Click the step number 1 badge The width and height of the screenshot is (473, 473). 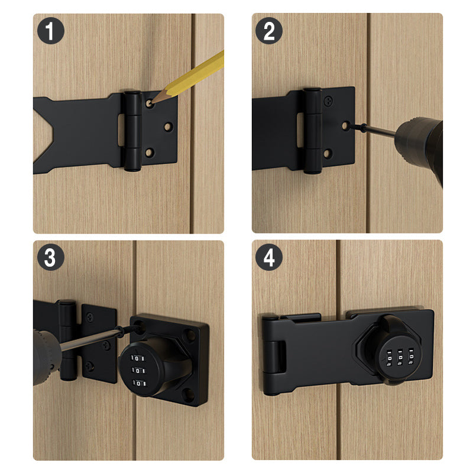[x=51, y=31]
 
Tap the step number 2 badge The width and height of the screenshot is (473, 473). [x=269, y=31]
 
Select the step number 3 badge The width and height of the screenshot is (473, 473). [x=51, y=258]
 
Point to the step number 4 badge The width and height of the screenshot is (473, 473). [x=269, y=258]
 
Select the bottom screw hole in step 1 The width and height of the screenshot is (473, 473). [x=149, y=153]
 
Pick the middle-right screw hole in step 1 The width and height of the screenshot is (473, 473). [x=169, y=127]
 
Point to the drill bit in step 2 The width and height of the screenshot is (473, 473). [x=370, y=129]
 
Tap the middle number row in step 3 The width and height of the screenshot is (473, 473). [x=138, y=371]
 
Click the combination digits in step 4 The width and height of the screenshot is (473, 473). [x=397, y=358]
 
